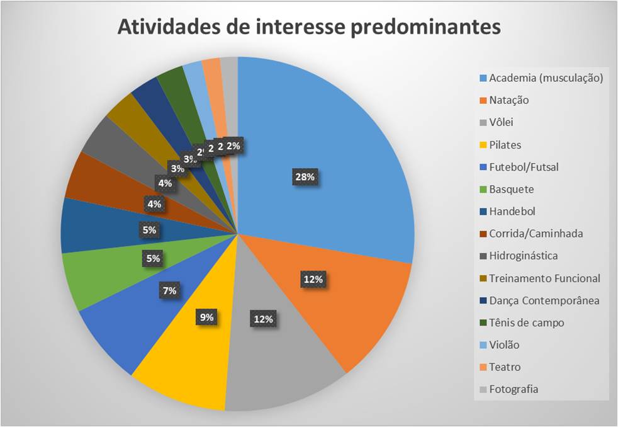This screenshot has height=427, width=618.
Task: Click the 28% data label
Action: [x=304, y=177]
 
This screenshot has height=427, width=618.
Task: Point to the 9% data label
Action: [x=208, y=317]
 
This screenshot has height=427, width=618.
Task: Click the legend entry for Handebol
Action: [x=512, y=212]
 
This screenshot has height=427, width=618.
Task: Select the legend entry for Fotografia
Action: [x=514, y=389]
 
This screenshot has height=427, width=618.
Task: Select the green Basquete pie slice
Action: [x=101, y=277]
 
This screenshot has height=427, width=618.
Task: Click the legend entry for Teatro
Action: [x=505, y=367]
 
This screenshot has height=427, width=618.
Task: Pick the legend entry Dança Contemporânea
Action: [x=544, y=300]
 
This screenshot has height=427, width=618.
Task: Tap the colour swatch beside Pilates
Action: [x=483, y=145]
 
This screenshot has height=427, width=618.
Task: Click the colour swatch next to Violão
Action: [x=483, y=345]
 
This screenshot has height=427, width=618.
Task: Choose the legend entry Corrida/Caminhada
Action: [x=536, y=234]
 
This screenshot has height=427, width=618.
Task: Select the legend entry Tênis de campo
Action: [x=526, y=322]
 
